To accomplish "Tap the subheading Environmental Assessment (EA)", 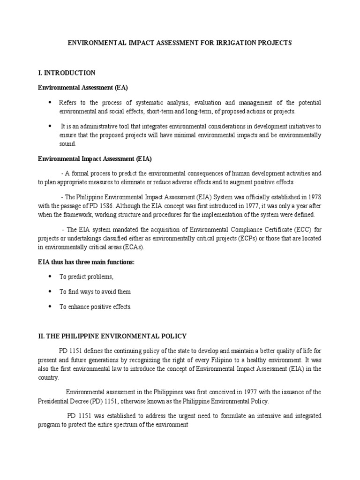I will click(x=82, y=87).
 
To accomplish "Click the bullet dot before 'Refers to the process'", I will click(x=50, y=102).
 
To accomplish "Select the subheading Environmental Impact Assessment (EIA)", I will click(x=94, y=159).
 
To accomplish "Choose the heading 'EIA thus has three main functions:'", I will click(x=86, y=262).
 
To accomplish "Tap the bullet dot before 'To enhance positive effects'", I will click(x=50, y=307).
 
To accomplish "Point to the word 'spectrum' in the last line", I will click(x=129, y=425).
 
